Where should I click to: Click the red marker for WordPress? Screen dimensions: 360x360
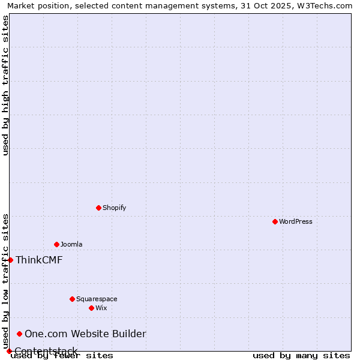275,221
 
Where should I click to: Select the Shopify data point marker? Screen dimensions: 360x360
98,208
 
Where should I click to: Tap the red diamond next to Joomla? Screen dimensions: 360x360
56,244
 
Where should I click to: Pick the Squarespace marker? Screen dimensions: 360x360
72,299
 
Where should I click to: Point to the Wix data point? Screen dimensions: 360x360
91,308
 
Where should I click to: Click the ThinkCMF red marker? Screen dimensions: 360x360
10,260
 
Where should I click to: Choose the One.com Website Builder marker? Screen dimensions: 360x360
20,334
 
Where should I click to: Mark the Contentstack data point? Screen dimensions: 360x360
9,351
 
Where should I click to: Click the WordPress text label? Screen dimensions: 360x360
296,221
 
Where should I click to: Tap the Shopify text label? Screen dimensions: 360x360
114,208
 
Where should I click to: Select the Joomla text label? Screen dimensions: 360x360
71,244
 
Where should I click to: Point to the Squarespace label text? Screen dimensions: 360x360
97,299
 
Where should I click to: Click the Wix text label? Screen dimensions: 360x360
101,308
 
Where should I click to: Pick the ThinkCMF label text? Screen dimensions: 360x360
39,260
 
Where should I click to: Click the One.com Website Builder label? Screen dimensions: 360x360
85,334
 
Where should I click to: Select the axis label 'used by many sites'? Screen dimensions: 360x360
301,355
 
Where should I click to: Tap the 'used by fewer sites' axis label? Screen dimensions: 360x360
62,355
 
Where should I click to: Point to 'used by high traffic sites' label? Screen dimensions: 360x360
5,85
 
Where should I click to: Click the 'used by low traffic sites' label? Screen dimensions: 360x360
5,281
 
